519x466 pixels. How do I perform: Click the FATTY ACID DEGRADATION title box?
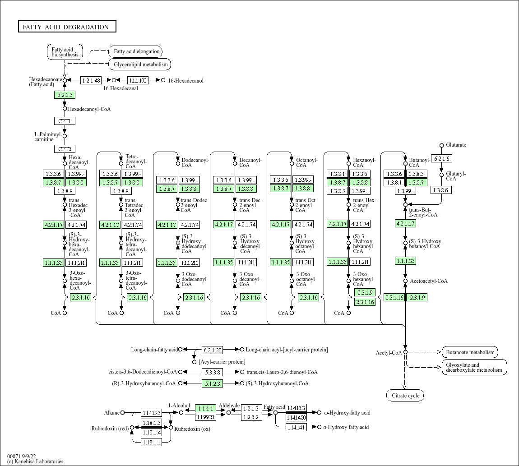click(x=67, y=27)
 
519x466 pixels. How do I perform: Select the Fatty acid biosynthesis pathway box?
click(x=65, y=52)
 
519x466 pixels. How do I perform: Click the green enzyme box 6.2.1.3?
click(x=65, y=95)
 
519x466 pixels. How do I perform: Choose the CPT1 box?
click(x=65, y=121)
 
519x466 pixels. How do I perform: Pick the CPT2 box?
click(x=65, y=149)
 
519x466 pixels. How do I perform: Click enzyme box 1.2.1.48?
click(x=91, y=80)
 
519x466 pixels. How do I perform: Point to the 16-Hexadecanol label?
click(x=185, y=81)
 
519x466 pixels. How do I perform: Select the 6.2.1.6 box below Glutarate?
click(x=441, y=159)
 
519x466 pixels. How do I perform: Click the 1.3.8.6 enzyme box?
click(x=441, y=190)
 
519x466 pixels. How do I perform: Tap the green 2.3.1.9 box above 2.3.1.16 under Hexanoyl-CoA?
click(x=365, y=292)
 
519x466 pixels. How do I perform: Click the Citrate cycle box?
click(x=405, y=396)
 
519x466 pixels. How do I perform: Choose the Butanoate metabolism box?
click(x=470, y=352)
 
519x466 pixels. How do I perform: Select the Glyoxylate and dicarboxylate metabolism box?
click(x=474, y=367)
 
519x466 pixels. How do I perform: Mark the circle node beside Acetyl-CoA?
click(x=405, y=352)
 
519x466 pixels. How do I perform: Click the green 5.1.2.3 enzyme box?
click(x=212, y=383)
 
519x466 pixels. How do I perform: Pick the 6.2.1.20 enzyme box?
click(x=212, y=350)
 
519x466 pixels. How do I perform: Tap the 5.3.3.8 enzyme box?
click(x=212, y=372)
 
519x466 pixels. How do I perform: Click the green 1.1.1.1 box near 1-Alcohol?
click(x=205, y=408)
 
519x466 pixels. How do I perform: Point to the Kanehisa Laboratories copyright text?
click(x=35, y=461)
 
